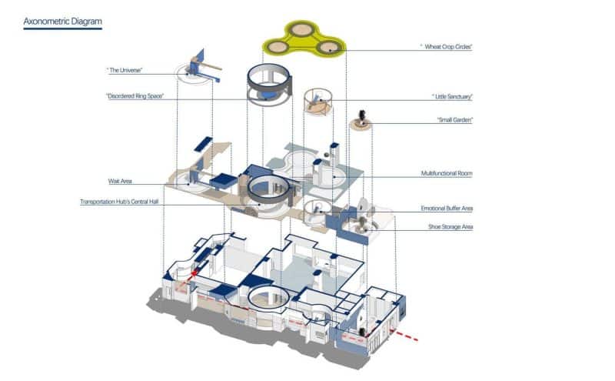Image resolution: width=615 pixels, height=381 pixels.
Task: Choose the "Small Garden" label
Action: point(454,120)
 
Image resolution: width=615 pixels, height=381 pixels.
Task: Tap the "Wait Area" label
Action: point(121,182)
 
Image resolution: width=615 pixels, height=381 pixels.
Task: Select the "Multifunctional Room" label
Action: point(447,174)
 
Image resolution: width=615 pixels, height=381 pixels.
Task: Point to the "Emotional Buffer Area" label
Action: point(447,209)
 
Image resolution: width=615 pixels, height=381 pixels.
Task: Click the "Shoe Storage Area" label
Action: point(450,227)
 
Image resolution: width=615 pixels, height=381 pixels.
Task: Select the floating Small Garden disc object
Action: point(361,121)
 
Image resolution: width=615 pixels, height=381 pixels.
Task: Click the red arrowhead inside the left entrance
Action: point(194,272)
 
